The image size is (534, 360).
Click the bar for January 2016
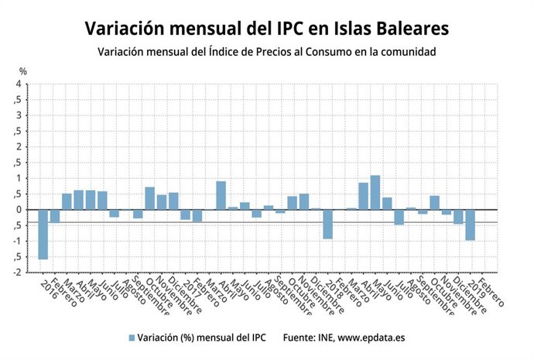[x=43, y=234]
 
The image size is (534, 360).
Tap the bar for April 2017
[x=221, y=195]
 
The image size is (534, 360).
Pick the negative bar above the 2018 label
[x=327, y=224]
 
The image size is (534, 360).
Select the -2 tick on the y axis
[x=17, y=273]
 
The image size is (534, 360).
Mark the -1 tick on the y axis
[x=17, y=241]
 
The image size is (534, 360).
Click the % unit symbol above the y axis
[x=22, y=71]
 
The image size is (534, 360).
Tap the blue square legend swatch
[x=131, y=338]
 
